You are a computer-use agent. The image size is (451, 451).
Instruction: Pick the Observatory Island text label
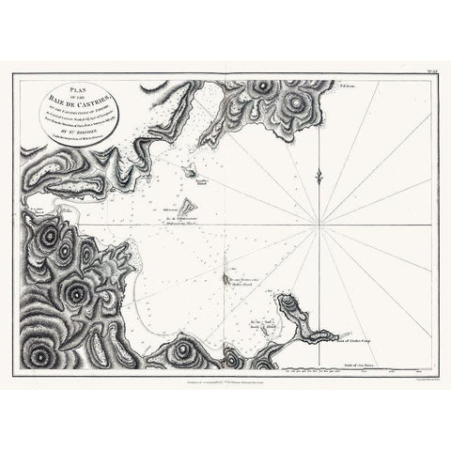(x=179, y=224)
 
